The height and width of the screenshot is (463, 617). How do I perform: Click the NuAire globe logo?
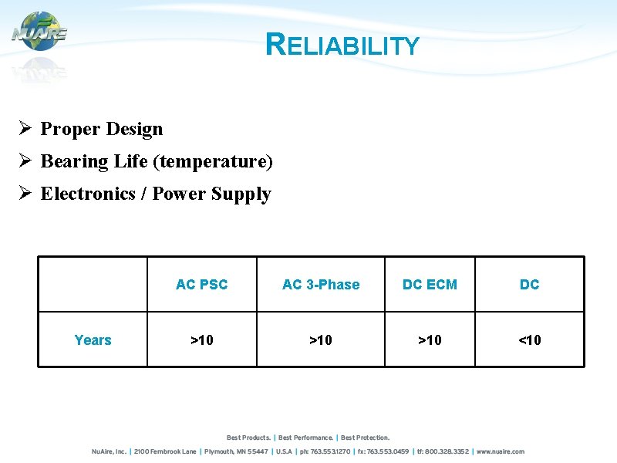[x=39, y=32]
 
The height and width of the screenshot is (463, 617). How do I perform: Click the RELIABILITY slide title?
[x=342, y=46]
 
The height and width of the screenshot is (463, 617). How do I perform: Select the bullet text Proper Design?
[x=102, y=129]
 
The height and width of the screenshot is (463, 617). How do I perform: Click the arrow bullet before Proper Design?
[x=25, y=129]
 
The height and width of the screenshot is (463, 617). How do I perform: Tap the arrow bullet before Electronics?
[x=25, y=194]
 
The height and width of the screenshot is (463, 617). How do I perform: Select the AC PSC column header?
[x=201, y=285]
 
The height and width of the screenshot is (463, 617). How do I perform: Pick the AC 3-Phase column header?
[x=321, y=285]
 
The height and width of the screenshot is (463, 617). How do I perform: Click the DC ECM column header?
[x=430, y=285]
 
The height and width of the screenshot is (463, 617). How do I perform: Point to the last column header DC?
[x=529, y=285]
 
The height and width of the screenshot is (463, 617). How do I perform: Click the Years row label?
[x=93, y=340]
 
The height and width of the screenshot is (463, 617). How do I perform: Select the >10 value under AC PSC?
[x=201, y=340]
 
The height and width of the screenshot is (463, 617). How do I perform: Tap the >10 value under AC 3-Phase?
[x=321, y=340]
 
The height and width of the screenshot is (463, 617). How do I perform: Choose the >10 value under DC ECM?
[x=430, y=340]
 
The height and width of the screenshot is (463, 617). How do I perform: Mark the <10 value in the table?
[x=529, y=340]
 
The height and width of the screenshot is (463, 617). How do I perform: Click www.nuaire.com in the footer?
[x=501, y=451]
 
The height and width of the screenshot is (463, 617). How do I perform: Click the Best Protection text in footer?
[x=366, y=438]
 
